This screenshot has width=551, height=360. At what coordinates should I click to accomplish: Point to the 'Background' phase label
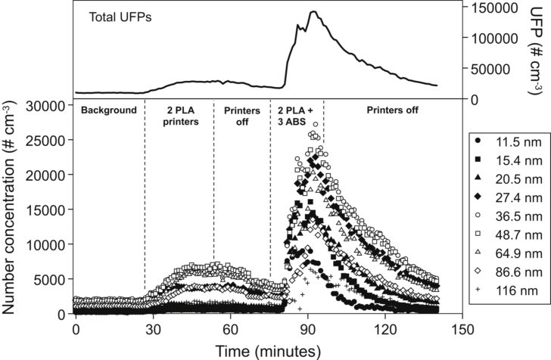click(x=109, y=110)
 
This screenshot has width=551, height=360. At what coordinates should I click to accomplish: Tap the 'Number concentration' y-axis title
click(x=11, y=208)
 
